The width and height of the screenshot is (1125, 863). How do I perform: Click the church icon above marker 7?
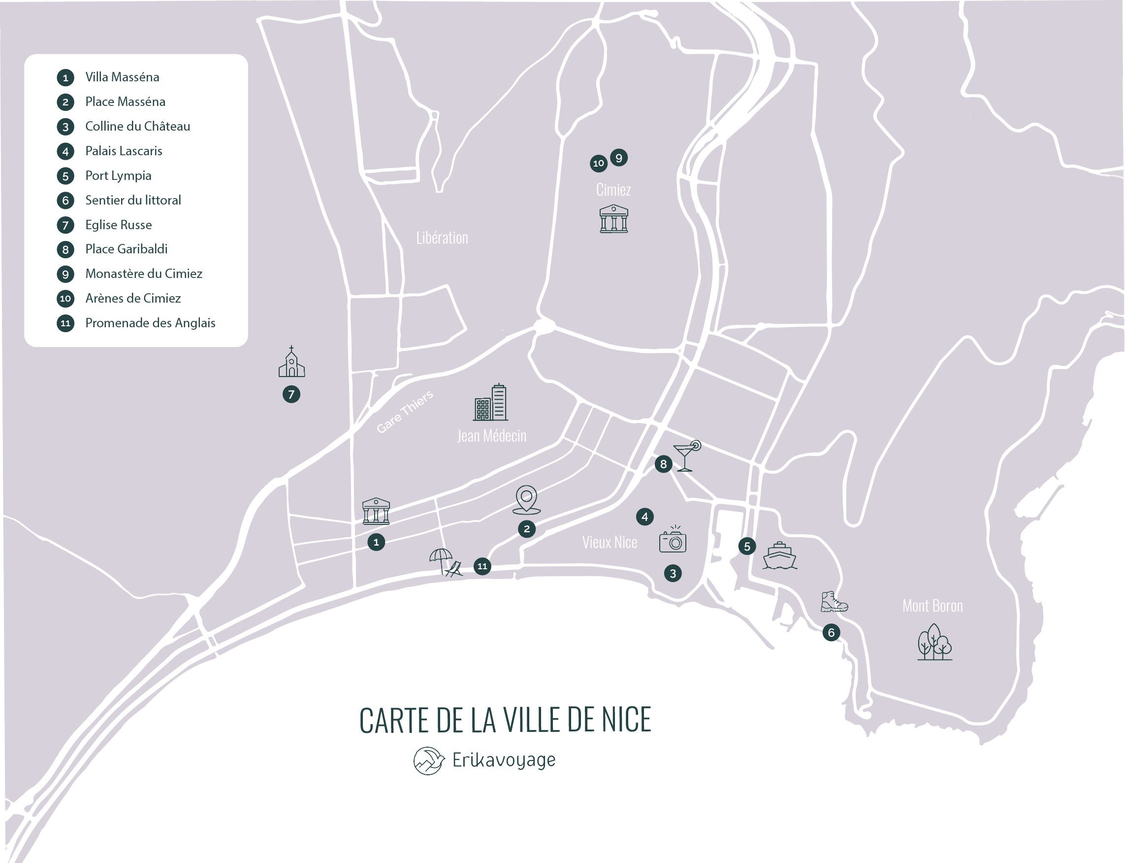point(291,362)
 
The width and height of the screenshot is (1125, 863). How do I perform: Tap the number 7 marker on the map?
point(291,394)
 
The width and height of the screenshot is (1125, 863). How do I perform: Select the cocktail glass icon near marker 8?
point(686,455)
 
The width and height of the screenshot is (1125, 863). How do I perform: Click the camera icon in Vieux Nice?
point(673,540)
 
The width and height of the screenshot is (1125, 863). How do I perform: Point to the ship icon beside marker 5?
point(779,556)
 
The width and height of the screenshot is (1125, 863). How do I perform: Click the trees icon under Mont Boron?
point(934,642)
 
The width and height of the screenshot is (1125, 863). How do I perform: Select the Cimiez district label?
point(613,190)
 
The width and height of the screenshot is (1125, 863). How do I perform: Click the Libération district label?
point(442,238)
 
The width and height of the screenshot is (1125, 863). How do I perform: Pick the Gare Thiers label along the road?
point(405,412)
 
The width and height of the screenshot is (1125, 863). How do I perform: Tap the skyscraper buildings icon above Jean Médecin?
point(491,403)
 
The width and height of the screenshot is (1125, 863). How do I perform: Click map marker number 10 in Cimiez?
point(598,163)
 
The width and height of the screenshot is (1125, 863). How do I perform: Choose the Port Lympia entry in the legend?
point(118,175)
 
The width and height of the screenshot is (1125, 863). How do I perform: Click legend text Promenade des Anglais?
point(150,323)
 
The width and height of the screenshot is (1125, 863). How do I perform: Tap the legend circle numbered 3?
point(65,127)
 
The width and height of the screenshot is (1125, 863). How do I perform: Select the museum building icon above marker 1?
point(376,511)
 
